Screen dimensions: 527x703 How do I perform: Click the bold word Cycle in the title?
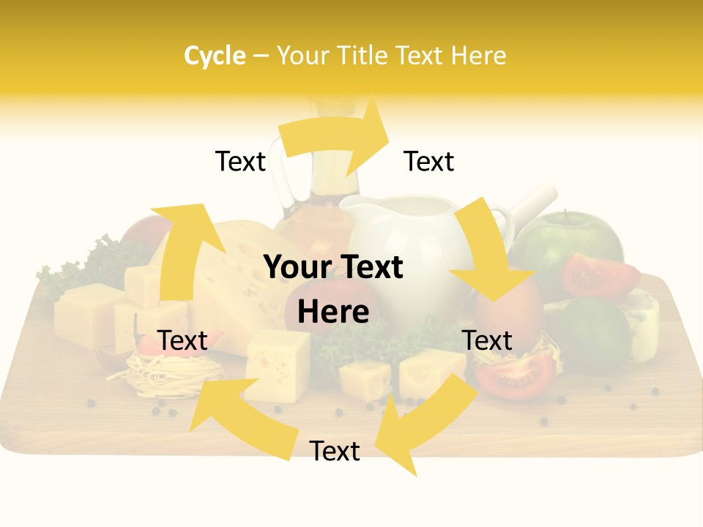[x=215, y=56]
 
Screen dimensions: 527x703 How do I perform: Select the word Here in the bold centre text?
[x=333, y=312]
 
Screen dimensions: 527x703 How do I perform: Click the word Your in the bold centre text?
[x=296, y=268]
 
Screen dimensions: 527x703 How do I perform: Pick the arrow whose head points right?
[x=337, y=139]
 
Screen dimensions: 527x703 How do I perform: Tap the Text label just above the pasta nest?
[x=182, y=340]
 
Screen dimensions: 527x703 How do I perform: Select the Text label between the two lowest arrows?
[x=335, y=451]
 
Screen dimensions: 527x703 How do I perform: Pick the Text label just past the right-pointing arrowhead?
[x=429, y=161]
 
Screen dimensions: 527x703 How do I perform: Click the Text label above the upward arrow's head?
[x=240, y=161]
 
